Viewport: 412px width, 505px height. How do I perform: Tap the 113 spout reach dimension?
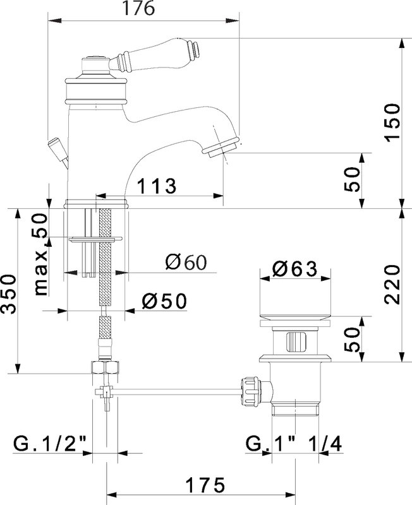(x=157, y=186)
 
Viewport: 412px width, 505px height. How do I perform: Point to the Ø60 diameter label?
(x=186, y=262)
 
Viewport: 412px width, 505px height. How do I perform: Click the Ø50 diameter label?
(x=164, y=301)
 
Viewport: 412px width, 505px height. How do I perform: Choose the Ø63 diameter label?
(x=294, y=269)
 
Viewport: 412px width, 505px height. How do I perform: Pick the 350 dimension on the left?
(x=8, y=294)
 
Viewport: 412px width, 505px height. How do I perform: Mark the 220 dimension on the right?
(x=392, y=285)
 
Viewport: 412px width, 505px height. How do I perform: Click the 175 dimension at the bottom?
(x=205, y=485)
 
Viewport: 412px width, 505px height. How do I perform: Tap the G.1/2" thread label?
(x=50, y=445)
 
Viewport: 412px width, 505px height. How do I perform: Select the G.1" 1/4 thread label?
(x=294, y=445)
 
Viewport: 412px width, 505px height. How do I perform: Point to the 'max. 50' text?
(x=41, y=254)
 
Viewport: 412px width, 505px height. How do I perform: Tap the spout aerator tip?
(x=222, y=147)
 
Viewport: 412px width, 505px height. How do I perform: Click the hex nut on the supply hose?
(x=105, y=367)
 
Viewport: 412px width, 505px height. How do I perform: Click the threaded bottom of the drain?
(x=295, y=410)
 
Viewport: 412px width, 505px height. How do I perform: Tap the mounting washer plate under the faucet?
(x=96, y=239)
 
